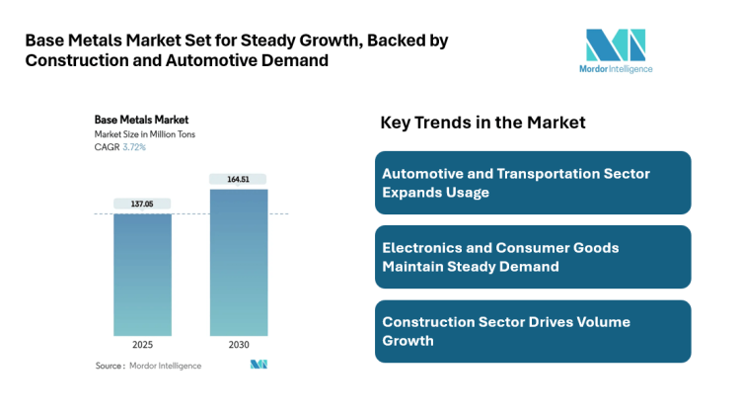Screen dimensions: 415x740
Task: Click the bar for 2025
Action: (x=142, y=274)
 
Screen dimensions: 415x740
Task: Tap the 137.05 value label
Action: (x=142, y=204)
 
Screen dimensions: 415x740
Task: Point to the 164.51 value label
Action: (x=238, y=179)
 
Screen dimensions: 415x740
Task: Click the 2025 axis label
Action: (x=142, y=345)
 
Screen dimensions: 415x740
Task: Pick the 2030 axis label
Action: (x=238, y=345)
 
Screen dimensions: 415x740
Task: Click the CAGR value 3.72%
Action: (x=134, y=146)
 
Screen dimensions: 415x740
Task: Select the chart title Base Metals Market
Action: (x=141, y=120)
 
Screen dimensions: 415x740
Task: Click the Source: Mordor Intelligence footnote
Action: (x=148, y=366)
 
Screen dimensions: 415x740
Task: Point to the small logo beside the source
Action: (x=259, y=366)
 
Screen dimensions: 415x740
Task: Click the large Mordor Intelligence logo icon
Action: (x=615, y=44)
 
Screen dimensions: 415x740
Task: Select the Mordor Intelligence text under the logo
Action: (x=615, y=69)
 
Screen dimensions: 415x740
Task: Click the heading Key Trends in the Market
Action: (x=482, y=123)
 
